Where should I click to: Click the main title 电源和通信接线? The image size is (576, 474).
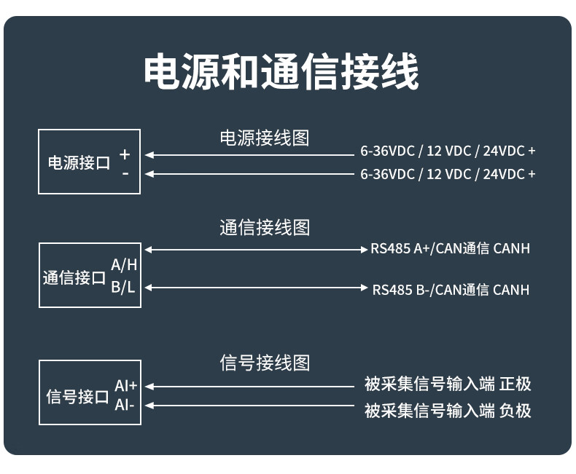pyautogui.click(x=281, y=71)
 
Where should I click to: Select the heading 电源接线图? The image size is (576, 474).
pyautogui.click(x=265, y=138)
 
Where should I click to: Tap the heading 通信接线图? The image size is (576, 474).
pyautogui.click(x=265, y=228)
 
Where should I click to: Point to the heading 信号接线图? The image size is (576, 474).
pyautogui.click(x=265, y=363)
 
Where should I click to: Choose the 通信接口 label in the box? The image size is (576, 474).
pyautogui.click(x=74, y=277)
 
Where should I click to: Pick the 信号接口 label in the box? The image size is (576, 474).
pyautogui.click(x=77, y=397)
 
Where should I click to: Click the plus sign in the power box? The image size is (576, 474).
pyautogui.click(x=125, y=154)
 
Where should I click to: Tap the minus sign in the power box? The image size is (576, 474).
pyautogui.click(x=125, y=173)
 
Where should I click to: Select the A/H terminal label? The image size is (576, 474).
pyautogui.click(x=124, y=265)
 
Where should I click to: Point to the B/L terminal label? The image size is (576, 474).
pyautogui.click(x=123, y=287)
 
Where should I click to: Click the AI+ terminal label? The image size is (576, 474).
pyautogui.click(x=125, y=386)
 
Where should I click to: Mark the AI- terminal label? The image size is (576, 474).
pyautogui.click(x=124, y=405)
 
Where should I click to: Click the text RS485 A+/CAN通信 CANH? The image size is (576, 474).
pyautogui.click(x=450, y=249)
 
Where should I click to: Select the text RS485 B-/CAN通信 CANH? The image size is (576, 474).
pyautogui.click(x=451, y=290)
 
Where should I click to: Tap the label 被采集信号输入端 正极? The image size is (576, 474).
pyautogui.click(x=448, y=384)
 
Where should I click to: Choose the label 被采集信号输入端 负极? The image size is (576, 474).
pyautogui.click(x=448, y=411)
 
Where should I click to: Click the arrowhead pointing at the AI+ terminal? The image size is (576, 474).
pyautogui.click(x=149, y=387)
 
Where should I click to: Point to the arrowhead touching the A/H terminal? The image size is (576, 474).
pyautogui.click(x=149, y=250)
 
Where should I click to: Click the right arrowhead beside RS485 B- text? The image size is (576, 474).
pyautogui.click(x=365, y=288)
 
